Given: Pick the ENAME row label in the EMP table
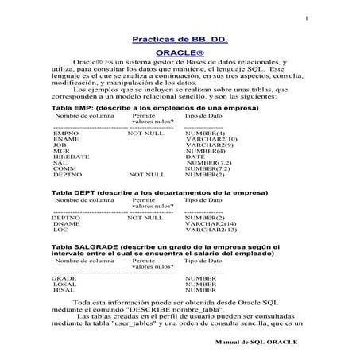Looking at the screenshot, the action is tap(66, 139).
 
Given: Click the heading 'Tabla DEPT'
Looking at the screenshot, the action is tap(74, 193).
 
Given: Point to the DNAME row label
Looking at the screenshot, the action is tap(66, 224).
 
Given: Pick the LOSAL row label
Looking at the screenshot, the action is tap(64, 285).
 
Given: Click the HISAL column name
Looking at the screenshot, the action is tap(64, 291).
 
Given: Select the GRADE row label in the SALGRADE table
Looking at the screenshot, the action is tap(64, 278).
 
